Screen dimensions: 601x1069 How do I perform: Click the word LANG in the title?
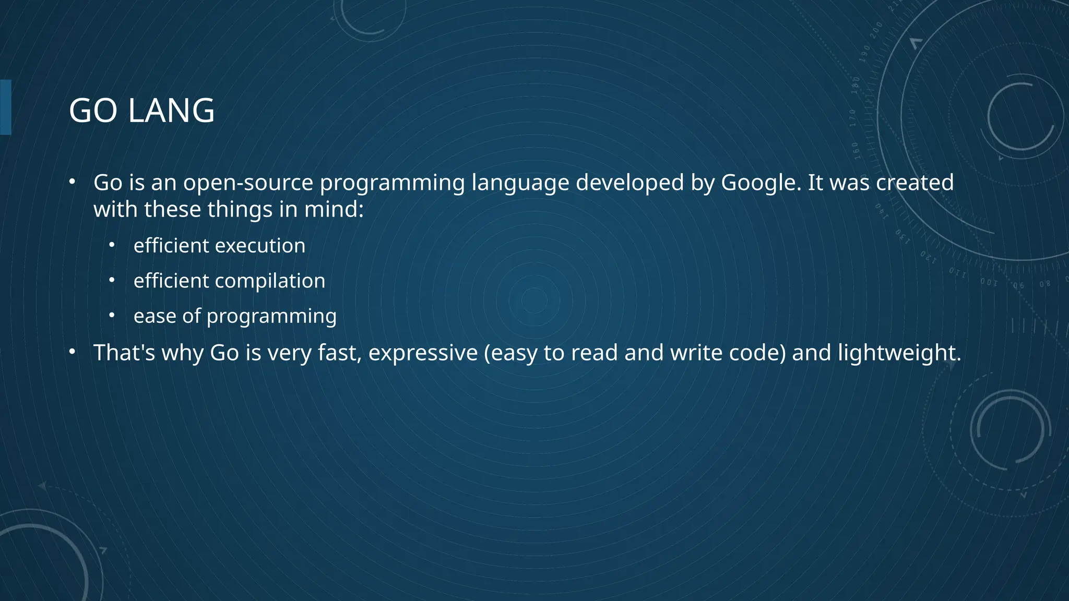[171, 111]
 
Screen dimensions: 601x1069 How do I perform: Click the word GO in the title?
[93, 111]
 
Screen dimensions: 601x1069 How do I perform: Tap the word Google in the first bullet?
[761, 183]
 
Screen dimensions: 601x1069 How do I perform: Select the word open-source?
[248, 183]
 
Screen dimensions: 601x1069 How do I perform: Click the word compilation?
[270, 281]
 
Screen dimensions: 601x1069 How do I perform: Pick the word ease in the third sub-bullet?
[155, 316]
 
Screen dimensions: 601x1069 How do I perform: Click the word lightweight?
[899, 353]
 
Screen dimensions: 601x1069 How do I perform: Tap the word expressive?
[423, 353]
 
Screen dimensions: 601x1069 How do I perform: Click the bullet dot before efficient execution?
[112, 245]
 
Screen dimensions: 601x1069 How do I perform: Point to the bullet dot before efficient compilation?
[112, 280]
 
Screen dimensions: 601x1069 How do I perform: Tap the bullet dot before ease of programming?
[112, 315]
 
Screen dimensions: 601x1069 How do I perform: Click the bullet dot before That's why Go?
[72, 352]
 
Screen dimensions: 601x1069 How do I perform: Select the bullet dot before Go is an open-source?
[72, 182]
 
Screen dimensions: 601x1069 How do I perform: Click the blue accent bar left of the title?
[6, 107]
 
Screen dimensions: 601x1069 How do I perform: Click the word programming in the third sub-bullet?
[271, 316]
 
